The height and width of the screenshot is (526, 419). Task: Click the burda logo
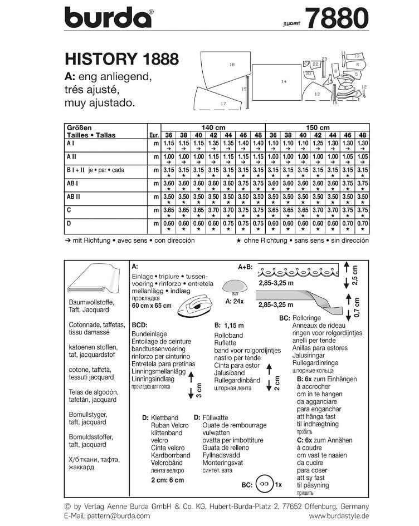click(x=109, y=18)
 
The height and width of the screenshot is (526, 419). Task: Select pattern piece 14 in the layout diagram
click(x=284, y=82)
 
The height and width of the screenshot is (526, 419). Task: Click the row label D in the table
click(x=69, y=223)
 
